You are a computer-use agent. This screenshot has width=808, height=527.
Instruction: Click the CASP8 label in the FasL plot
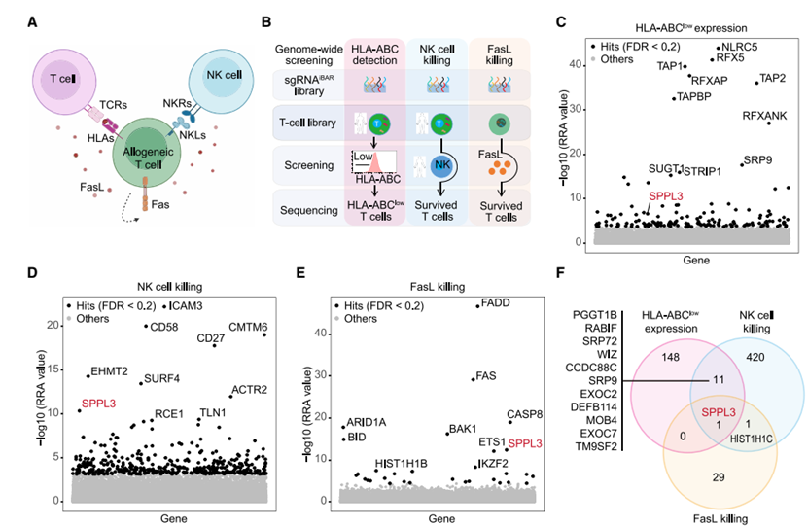(524, 414)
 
